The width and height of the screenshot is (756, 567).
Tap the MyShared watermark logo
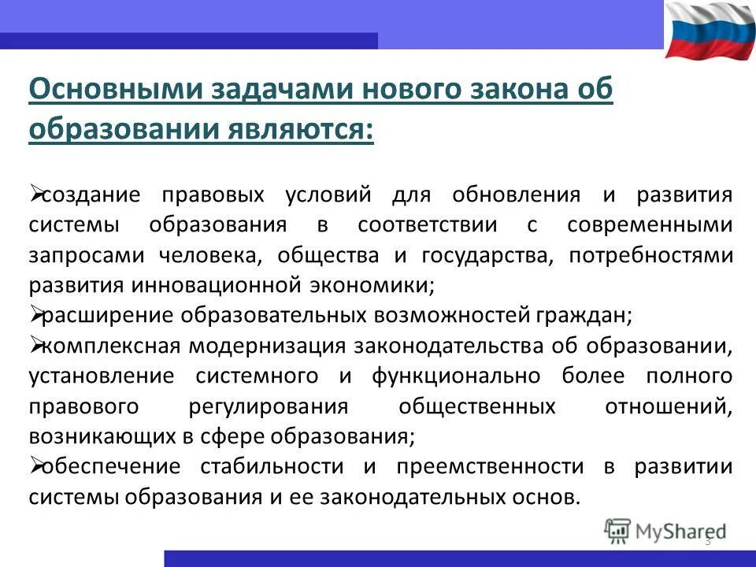pos(665,531)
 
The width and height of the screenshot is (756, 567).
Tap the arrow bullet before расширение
pos(35,314)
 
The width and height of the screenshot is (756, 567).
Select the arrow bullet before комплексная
pos(35,344)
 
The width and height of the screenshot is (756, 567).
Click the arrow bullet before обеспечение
pos(35,465)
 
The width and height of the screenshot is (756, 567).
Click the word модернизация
pos(274,346)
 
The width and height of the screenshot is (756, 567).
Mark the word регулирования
pos(269,406)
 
